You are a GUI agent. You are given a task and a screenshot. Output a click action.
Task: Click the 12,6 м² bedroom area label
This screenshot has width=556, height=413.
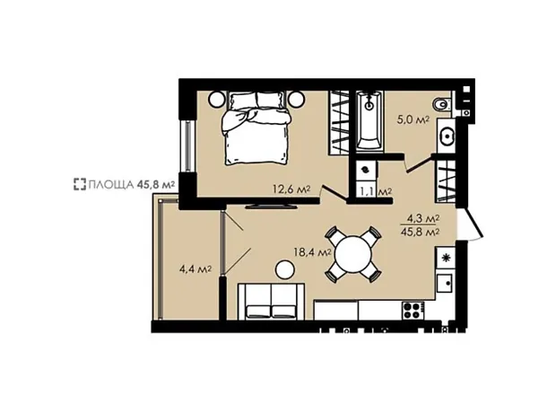(291, 189)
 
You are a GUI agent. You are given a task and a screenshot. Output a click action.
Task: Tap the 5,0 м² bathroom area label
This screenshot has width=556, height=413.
(413, 119)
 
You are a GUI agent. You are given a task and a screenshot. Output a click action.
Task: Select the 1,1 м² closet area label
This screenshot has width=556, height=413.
(376, 192)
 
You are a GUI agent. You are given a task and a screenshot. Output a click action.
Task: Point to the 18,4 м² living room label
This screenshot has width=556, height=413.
(312, 252)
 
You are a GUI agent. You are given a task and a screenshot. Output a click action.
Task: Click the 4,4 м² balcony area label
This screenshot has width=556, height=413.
(195, 269)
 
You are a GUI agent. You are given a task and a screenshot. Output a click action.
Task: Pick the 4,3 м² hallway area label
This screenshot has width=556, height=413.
(421, 219)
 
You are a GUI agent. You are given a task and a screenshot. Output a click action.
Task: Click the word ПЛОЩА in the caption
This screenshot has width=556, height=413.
(111, 185)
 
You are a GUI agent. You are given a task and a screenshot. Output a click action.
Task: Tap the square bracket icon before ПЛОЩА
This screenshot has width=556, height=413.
(80, 184)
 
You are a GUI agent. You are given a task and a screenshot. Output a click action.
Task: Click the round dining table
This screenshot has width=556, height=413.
(352, 254)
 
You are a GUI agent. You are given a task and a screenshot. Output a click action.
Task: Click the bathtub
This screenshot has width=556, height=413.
(369, 120)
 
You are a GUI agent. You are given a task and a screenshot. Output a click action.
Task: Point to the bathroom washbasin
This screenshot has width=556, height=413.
(447, 136)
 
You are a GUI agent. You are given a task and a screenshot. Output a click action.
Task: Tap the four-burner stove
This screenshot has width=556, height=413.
(413, 310)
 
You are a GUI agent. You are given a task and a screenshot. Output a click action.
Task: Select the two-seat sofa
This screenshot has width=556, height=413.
(271, 302)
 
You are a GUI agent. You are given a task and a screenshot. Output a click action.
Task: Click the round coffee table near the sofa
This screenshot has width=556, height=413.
(285, 270)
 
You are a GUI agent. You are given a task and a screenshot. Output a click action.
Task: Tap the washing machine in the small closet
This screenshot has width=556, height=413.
(365, 170)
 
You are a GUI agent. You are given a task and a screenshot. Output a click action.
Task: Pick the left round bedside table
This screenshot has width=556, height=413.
(217, 99)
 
